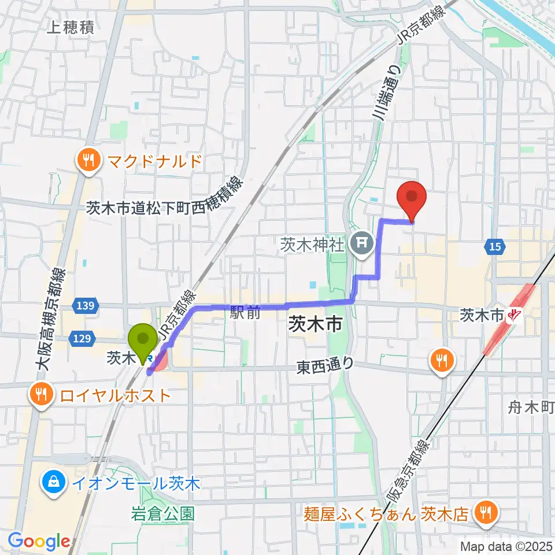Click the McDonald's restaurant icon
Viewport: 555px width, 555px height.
88,160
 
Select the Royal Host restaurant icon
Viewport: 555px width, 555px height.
42,395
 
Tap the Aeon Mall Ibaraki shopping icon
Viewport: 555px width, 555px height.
53,483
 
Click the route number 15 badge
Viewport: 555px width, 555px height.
494,247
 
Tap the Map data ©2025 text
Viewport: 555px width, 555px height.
505,546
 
